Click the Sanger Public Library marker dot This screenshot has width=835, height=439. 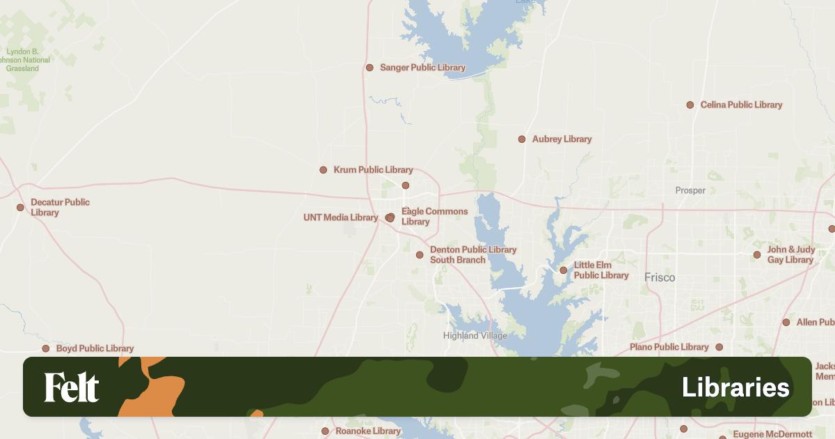coord(369,68)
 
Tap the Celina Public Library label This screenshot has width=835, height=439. coord(741,105)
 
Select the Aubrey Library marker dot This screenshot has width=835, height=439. coord(522,139)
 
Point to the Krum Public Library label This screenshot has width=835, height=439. coord(373,170)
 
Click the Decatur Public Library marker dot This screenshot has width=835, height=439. coord(20,207)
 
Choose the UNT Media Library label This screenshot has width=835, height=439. coord(340,217)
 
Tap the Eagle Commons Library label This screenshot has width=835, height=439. coord(434,217)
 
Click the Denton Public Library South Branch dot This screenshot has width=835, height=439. coord(420,255)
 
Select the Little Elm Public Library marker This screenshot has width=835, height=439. coord(564,270)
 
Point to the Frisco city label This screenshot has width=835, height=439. coord(660,277)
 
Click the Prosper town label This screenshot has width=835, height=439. coord(690,190)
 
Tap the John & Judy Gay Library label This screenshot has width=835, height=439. coord(790,255)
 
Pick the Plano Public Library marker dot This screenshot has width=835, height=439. coord(719,347)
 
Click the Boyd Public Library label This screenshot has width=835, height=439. coord(95,348)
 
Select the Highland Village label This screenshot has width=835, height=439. coord(475,336)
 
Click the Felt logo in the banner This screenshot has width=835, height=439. coord(72,387)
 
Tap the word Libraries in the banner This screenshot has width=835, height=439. coord(735,387)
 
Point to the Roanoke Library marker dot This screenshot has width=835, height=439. coord(325,431)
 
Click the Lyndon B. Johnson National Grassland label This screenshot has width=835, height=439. coord(26,60)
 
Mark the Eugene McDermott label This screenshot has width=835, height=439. coord(772,434)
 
